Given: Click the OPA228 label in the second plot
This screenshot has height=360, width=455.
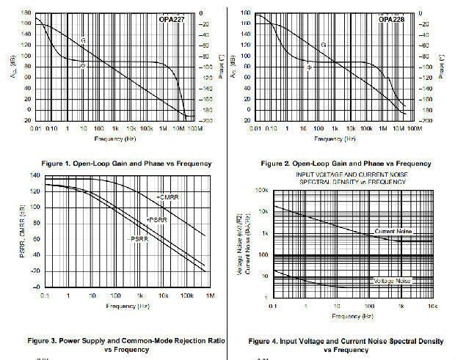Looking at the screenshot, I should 391,20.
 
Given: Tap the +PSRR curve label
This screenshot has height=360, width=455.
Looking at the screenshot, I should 156,220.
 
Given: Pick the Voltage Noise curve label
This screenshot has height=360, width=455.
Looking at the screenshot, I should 393,281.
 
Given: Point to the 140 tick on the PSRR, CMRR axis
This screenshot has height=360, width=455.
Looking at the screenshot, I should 34,175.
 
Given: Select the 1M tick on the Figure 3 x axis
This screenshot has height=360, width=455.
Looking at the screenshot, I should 210,295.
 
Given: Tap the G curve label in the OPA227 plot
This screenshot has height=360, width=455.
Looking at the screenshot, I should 83,40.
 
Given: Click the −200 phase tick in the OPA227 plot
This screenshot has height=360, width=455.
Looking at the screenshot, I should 206,120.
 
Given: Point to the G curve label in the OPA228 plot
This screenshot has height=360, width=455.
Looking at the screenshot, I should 323,45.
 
